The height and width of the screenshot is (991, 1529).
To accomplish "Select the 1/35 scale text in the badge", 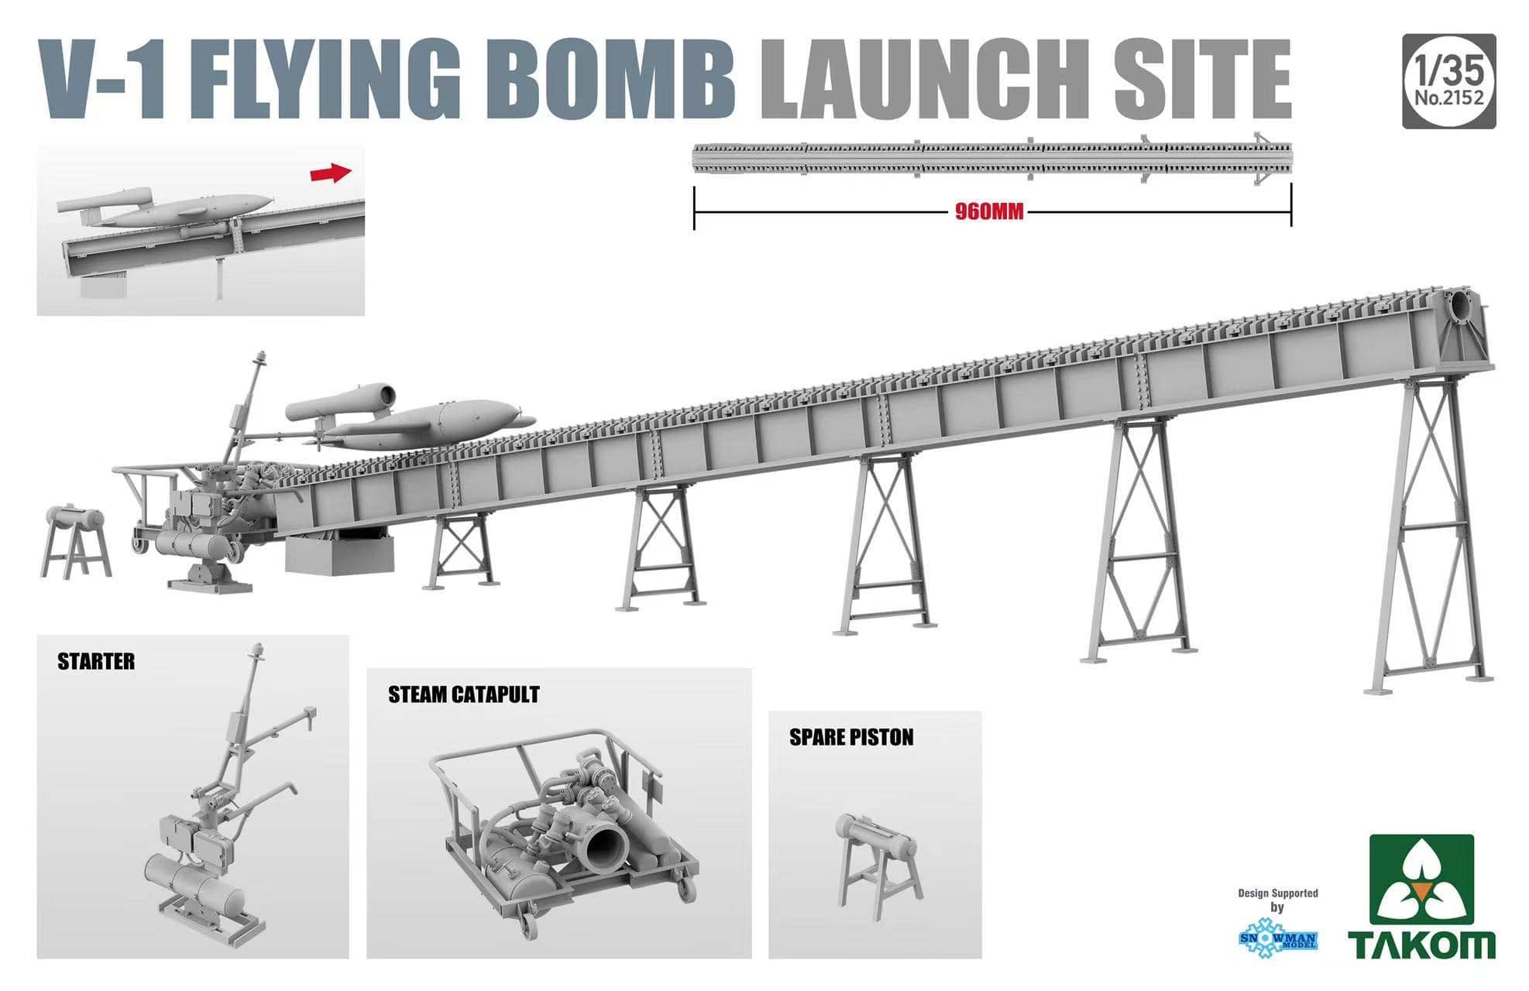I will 1448,70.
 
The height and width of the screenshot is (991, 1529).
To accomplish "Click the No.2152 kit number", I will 1448,98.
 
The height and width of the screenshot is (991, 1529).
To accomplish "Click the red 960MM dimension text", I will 989,212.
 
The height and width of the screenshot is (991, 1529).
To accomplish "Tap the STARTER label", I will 96,662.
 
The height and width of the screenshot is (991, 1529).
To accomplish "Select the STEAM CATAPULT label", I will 463,694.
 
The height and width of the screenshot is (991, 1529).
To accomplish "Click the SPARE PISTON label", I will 851,737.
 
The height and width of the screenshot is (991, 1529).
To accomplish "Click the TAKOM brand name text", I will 1421,945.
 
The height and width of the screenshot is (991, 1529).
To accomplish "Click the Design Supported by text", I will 1277,900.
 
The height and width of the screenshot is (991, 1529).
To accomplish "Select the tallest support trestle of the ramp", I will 1431,534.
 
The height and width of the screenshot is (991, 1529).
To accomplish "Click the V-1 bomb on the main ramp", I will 411,422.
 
